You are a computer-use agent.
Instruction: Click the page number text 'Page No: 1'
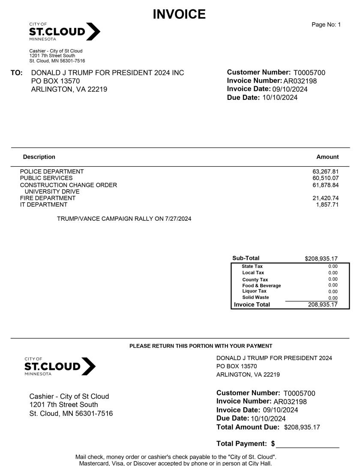point(326,25)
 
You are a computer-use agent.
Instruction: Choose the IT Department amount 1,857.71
point(329,204)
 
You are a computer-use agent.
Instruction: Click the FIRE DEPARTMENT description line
point(48,198)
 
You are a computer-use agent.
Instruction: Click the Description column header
point(39,157)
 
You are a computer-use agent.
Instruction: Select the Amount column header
point(327,157)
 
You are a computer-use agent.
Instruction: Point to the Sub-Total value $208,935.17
point(321,259)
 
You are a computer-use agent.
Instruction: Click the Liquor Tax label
point(254,291)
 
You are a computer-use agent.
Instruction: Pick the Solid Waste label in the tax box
point(255,298)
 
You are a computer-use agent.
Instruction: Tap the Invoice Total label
point(252,304)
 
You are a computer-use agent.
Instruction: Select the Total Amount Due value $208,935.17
point(302,427)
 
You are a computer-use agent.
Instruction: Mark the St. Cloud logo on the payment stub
point(60,367)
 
